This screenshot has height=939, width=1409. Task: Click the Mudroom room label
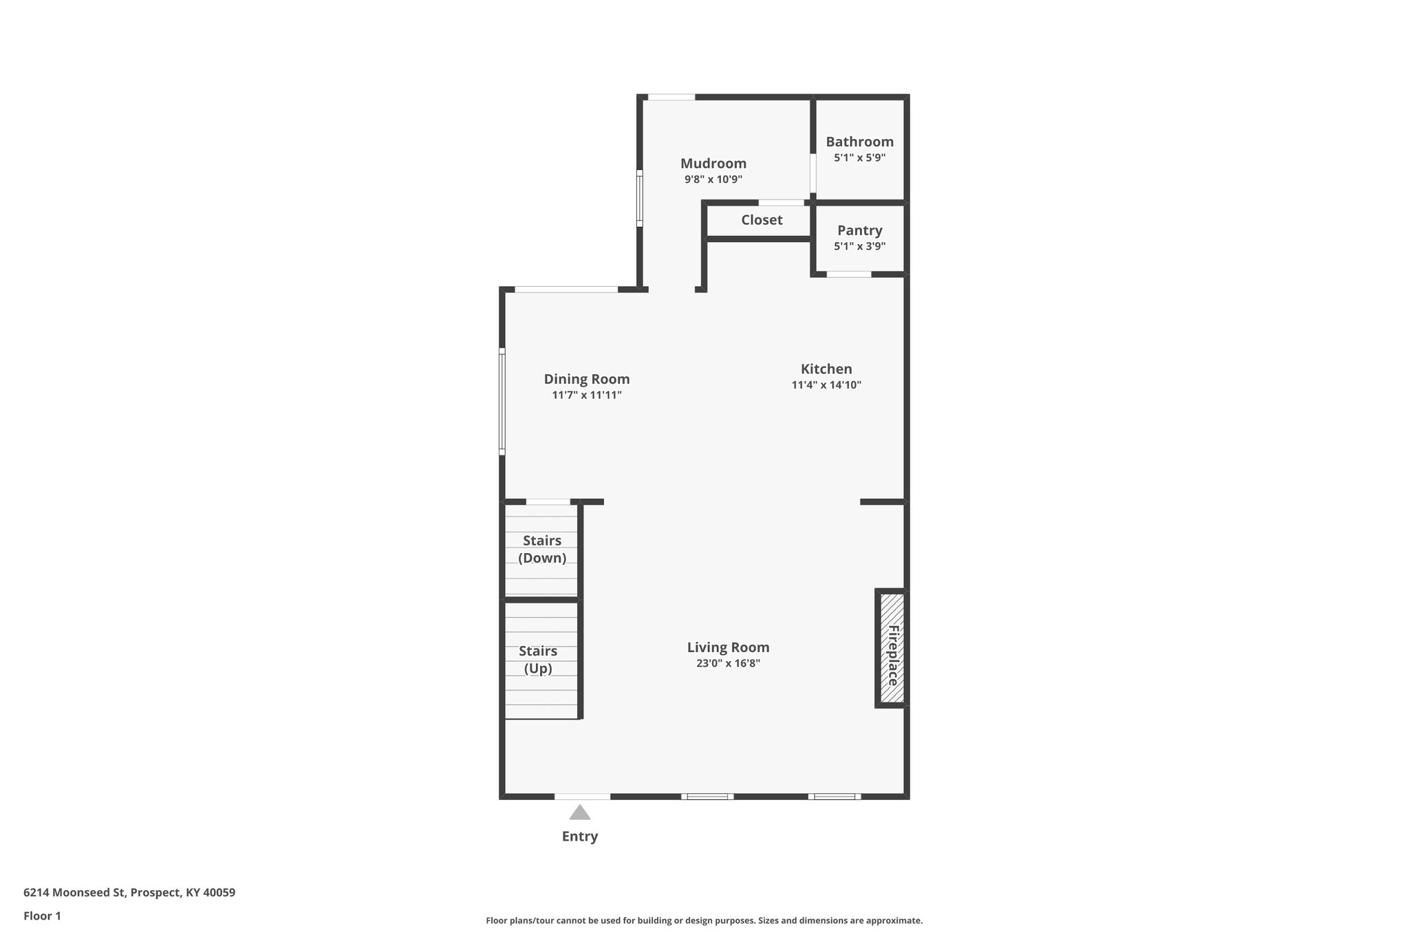click(x=713, y=164)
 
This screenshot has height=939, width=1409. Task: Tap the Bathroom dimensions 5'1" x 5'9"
click(x=859, y=158)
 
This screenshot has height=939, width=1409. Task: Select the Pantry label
click(x=859, y=230)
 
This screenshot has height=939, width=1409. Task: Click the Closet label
click(x=761, y=220)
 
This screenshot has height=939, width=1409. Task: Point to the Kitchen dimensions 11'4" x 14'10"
click(x=826, y=385)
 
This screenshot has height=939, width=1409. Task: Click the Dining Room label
click(x=586, y=379)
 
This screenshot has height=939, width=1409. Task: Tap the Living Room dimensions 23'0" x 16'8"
click(x=727, y=664)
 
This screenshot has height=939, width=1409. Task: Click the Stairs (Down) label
click(x=541, y=549)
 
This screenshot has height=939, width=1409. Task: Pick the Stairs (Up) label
click(x=537, y=659)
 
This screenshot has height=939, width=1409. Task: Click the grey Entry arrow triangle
click(x=579, y=813)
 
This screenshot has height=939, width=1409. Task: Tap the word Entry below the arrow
click(x=579, y=837)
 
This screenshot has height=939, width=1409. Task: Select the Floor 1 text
click(x=42, y=916)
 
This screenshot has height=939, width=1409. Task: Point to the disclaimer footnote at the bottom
click(x=704, y=920)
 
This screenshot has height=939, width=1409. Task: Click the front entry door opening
click(x=582, y=797)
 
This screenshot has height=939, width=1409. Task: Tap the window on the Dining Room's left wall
click(x=502, y=402)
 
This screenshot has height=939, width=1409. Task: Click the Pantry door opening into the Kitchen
click(x=848, y=274)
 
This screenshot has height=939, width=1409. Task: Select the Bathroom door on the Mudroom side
click(x=813, y=173)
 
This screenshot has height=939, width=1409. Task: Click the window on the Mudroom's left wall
click(x=640, y=198)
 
